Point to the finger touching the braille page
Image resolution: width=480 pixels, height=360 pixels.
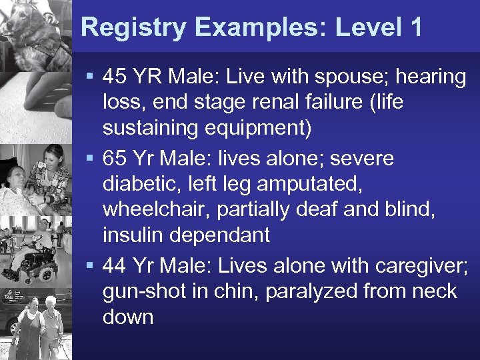(x=50, y=93)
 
